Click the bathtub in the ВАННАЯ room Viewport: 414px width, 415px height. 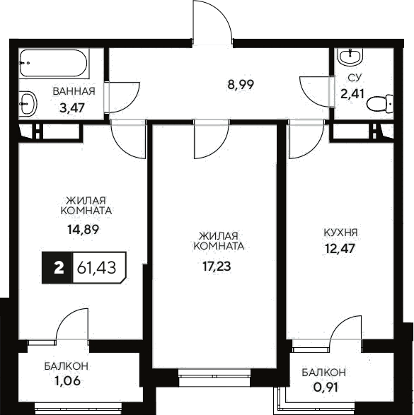tap(54, 65)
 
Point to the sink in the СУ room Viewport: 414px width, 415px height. tap(349, 56)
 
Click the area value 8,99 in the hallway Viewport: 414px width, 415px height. tap(240, 84)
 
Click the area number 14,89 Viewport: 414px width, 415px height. tap(84, 228)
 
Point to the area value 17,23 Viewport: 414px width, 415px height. tap(217, 267)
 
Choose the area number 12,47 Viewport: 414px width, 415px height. tap(339, 248)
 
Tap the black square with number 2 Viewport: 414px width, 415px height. tap(59, 268)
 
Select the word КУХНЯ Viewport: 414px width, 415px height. tap(340, 232)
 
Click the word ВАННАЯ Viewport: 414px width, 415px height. tap(73, 90)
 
